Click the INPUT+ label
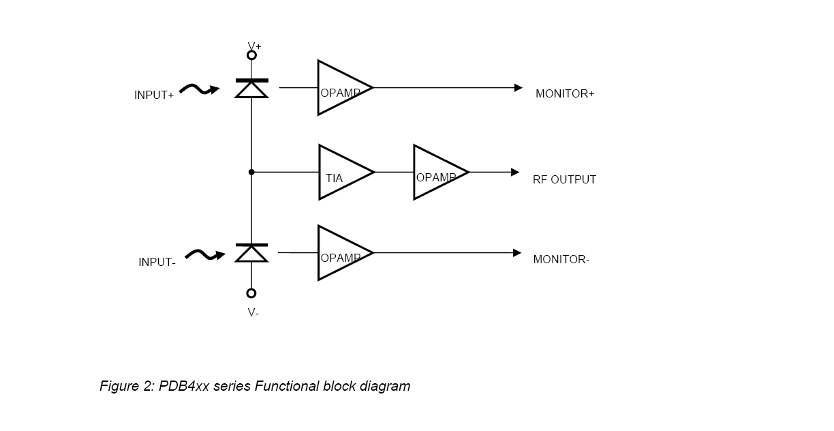(154, 95)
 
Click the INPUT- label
(157, 262)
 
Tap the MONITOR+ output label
(565, 94)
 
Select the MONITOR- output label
(561, 259)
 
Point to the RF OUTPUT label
(564, 180)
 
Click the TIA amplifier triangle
(341, 173)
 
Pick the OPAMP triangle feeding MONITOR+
(340, 88)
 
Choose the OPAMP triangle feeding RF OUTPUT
(436, 173)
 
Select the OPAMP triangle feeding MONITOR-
(340, 253)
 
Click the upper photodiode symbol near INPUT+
(251, 89)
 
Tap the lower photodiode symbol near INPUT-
(251, 253)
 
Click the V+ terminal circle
(251, 55)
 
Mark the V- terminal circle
(251, 293)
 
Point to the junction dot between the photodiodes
(251, 173)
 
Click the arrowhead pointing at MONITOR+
(519, 88)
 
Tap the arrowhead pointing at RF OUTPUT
(516, 173)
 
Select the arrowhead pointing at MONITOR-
(518, 253)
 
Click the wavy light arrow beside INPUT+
(200, 89)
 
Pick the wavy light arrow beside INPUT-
(205, 255)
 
